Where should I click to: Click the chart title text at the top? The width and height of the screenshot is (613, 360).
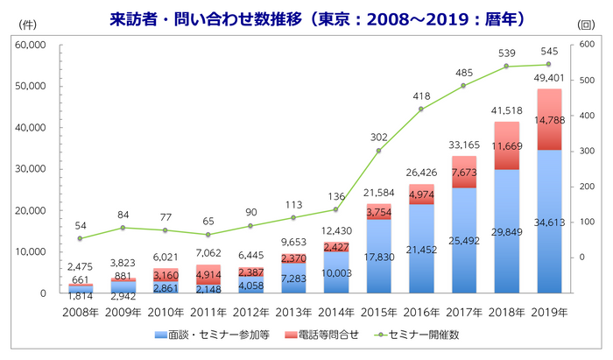(306, 18)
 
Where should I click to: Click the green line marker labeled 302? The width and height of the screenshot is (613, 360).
(378, 151)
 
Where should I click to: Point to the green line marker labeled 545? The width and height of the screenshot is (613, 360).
(548, 64)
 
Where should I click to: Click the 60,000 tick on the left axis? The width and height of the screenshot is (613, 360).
(32, 45)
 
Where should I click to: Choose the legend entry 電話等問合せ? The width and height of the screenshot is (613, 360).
(314, 336)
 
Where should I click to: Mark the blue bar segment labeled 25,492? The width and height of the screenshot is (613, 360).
(463, 240)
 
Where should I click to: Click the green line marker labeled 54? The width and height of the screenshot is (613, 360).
(80, 238)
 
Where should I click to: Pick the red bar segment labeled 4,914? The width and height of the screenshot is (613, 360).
(208, 274)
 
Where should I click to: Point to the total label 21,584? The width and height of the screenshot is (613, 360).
(378, 193)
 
